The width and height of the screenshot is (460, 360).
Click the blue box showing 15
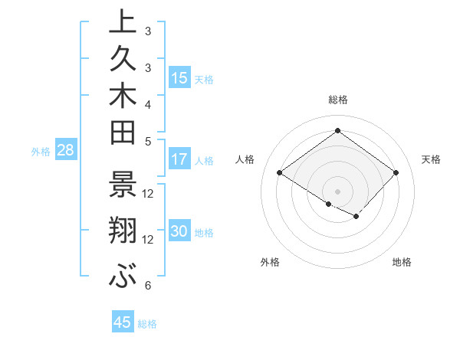pyautogui.click(x=179, y=77)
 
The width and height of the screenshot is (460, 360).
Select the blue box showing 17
pyautogui.click(x=179, y=159)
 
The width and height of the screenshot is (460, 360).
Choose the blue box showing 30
pyautogui.click(x=179, y=231)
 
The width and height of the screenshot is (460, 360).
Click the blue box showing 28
pyautogui.click(x=65, y=150)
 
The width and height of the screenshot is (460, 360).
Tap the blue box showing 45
pyautogui.click(x=123, y=322)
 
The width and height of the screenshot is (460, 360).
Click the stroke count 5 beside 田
pyautogui.click(x=147, y=140)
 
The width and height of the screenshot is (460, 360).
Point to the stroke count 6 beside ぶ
pyautogui.click(x=147, y=286)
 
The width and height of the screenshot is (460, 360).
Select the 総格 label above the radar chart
pyautogui.click(x=337, y=100)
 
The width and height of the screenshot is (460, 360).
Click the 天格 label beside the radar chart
pyautogui.click(x=431, y=159)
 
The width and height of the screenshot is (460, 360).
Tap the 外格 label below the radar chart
pyautogui.click(x=270, y=262)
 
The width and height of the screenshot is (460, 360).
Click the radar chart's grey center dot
pyautogui.click(x=337, y=190)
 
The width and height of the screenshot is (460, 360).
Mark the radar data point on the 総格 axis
pyautogui.click(x=337, y=130)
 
